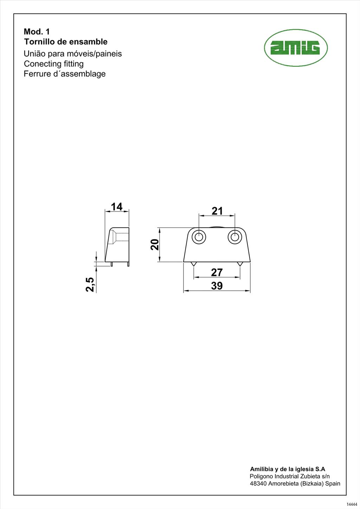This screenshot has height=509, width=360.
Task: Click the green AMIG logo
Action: pyautogui.click(x=296, y=48)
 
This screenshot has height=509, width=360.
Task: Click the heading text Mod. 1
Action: pyautogui.click(x=37, y=32)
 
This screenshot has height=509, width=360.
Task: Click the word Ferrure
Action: pyautogui.click(x=36, y=74)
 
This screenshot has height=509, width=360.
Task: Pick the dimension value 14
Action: pyautogui.click(x=117, y=206)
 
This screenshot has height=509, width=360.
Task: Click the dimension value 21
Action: pyautogui.click(x=217, y=211)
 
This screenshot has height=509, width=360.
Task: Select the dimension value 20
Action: pyautogui.click(x=155, y=244)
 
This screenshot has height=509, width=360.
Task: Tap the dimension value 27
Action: pyautogui.click(x=217, y=272)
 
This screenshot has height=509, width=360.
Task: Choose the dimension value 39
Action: pyautogui.click(x=217, y=286)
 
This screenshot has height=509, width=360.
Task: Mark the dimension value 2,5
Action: pyautogui.click(x=90, y=284)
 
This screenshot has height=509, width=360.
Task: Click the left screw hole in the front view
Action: pyautogui.click(x=199, y=237)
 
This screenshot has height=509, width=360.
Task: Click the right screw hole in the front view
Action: pyautogui.click(x=234, y=237)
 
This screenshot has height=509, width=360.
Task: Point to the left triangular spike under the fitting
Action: pyautogui.click(x=193, y=264)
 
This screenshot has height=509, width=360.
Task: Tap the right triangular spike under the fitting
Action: pyautogui.click(x=240, y=264)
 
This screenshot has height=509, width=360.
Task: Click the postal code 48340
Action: pyautogui.click(x=258, y=483)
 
